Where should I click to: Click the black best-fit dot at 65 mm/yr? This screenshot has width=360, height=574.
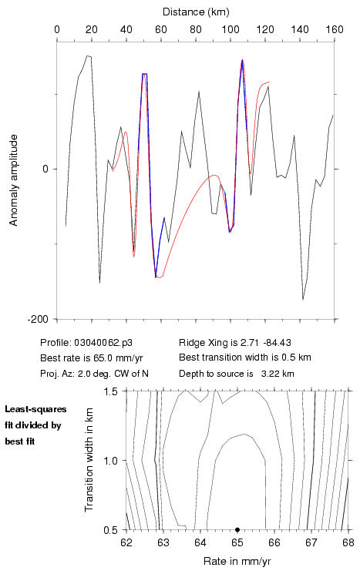point(237,529)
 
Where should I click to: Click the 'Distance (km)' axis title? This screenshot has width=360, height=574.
point(196,12)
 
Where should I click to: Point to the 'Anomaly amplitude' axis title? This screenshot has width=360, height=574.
point(14,180)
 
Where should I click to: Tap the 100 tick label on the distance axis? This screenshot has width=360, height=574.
point(230,29)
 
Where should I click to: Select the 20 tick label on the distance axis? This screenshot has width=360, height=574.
point(92,29)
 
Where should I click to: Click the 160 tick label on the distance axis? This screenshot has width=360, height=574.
point(335,29)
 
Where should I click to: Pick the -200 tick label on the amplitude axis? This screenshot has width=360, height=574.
point(38,319)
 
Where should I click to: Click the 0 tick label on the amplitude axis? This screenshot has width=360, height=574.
point(45,170)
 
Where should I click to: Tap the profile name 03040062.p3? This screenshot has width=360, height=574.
point(103,343)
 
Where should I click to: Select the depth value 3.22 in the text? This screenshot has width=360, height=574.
point(270,374)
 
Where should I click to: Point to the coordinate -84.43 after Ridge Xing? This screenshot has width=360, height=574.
point(277,343)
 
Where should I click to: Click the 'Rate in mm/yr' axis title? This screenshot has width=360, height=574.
point(237,561)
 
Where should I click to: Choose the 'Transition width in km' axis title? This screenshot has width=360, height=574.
point(89,460)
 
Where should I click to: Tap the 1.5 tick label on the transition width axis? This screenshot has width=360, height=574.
point(110,391)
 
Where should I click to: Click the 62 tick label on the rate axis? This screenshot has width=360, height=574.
point(126,542)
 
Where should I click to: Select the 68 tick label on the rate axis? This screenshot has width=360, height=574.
point(348,542)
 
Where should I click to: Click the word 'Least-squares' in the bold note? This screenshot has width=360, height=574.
point(35,409)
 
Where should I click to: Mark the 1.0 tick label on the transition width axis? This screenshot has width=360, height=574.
point(110,461)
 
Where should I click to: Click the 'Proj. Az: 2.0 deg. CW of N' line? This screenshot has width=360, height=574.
point(95,374)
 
